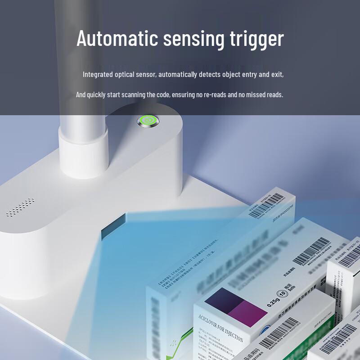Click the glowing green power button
point(148,121)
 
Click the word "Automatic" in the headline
point(117,39)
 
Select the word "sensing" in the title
point(193,40)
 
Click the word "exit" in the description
point(276,74)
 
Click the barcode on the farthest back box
point(270,204)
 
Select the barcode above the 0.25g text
point(312,252)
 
